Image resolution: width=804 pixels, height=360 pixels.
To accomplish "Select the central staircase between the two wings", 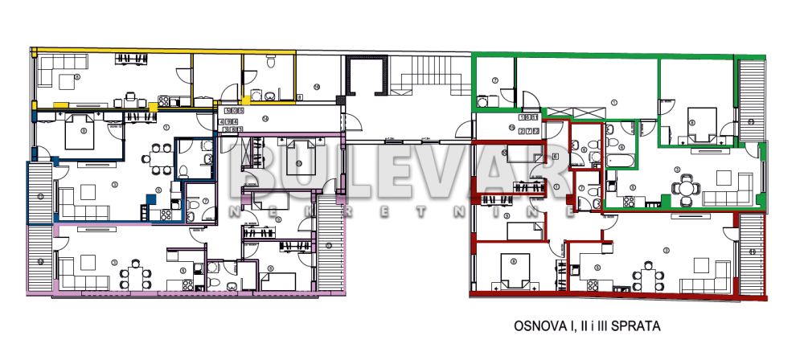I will tap(429, 77).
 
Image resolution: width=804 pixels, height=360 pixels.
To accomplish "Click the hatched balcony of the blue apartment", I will tap(39, 193).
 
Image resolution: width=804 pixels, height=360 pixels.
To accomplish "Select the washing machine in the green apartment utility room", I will tap(483, 101).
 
